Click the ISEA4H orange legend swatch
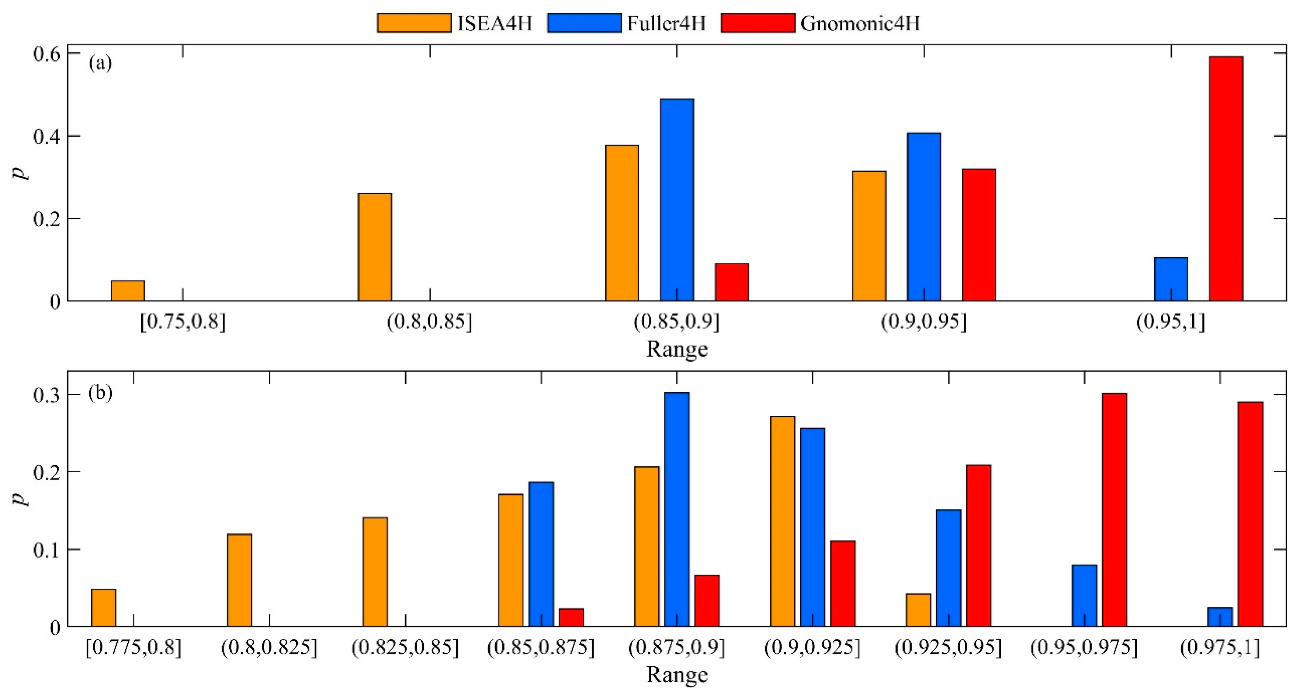414,23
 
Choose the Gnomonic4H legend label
859,23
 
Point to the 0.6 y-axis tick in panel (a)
46,53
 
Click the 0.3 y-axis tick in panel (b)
46,395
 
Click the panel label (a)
100,63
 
